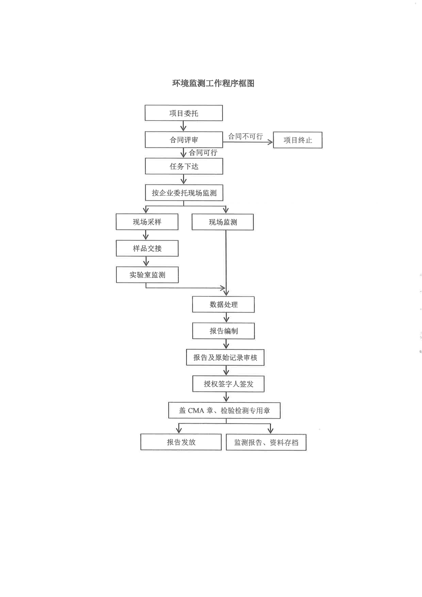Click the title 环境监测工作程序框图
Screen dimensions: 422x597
click(213, 83)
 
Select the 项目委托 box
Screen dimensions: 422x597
click(184, 113)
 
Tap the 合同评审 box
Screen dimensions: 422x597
click(184, 140)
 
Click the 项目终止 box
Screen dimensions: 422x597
click(298, 140)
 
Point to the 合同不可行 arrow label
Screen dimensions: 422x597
click(245, 137)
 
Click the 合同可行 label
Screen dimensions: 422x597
click(203, 153)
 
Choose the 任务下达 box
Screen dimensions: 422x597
click(184, 166)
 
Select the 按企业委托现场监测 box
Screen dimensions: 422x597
click(184, 193)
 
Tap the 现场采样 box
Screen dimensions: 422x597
click(147, 222)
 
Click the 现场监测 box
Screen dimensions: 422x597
click(223, 222)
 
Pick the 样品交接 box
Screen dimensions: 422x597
click(147, 248)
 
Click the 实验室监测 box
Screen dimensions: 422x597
click(147, 275)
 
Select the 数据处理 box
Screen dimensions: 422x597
click(224, 304)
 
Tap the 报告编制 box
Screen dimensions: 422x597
click(224, 331)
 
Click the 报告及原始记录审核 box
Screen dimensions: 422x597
click(225, 357)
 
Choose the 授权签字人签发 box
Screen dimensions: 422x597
click(228, 384)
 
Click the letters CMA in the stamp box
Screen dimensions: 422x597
click(196, 411)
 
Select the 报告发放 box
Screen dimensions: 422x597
click(181, 442)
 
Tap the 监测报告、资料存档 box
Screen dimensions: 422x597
click(266, 442)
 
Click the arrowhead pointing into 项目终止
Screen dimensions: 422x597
click(271, 142)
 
